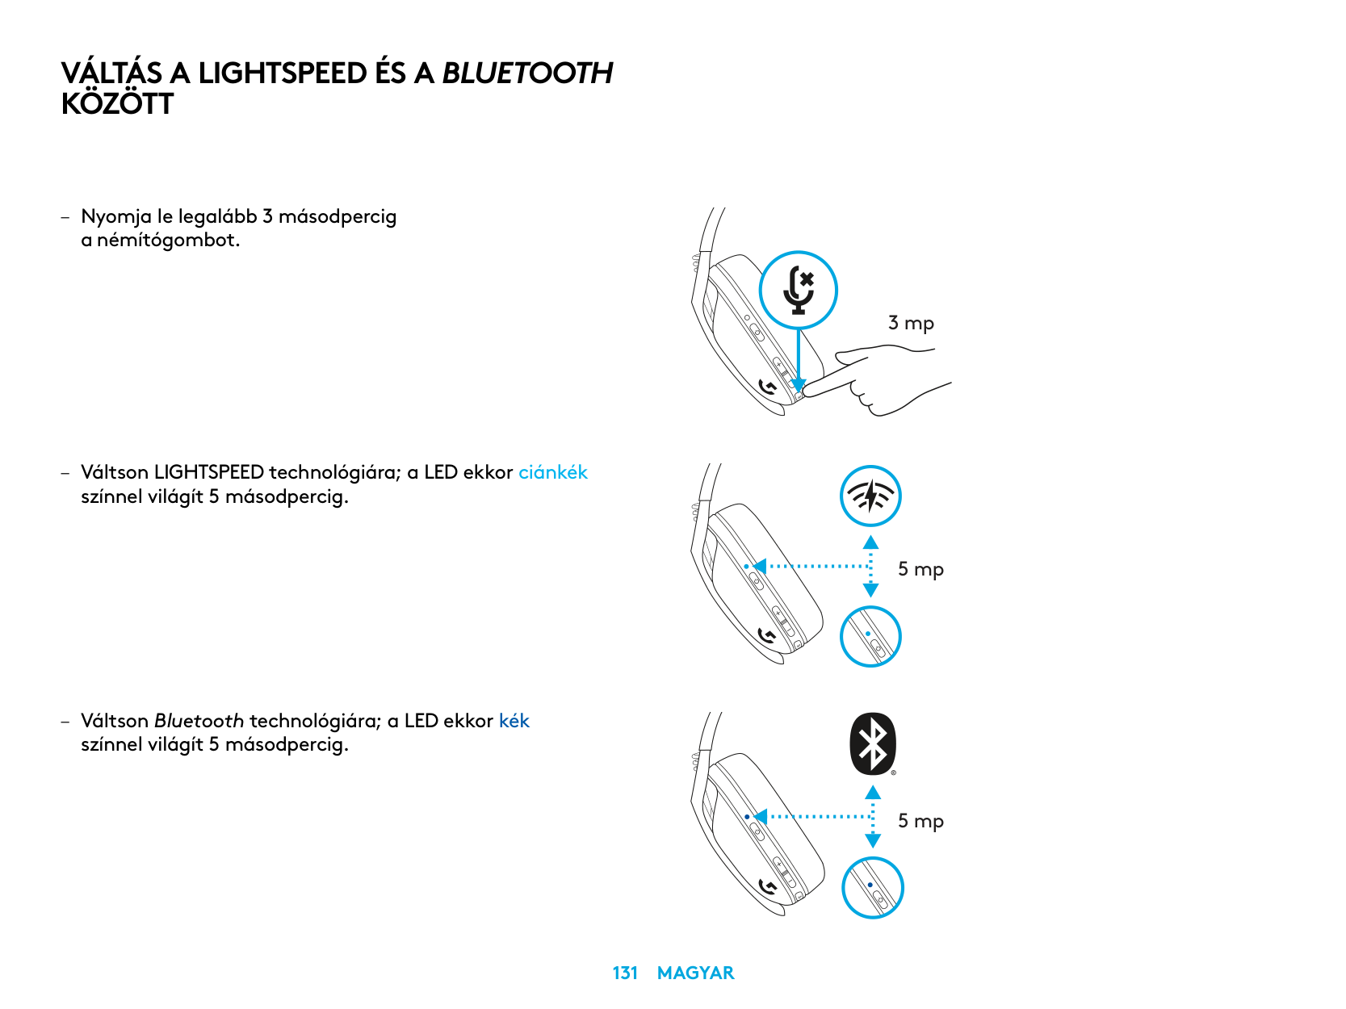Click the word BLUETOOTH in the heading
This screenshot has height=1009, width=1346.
[x=527, y=73]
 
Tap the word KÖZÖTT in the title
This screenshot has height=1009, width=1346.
[x=117, y=104]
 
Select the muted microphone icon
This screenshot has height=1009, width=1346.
[x=799, y=290]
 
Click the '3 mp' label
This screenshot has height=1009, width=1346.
[x=911, y=323]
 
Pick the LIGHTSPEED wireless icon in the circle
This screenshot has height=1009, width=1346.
[x=870, y=496]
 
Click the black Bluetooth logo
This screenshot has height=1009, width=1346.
[x=873, y=743]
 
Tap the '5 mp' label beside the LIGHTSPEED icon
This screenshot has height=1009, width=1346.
[x=920, y=569]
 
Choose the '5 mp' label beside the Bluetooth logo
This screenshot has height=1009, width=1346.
[x=920, y=821]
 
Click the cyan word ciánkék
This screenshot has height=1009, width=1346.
[x=552, y=472]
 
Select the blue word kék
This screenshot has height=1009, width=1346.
[x=514, y=721]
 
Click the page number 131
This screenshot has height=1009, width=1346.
[x=625, y=973]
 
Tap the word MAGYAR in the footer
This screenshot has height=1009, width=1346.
[x=695, y=973]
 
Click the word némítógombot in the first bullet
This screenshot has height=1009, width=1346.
[x=168, y=241]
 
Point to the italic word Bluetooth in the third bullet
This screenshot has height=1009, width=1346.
[x=199, y=721]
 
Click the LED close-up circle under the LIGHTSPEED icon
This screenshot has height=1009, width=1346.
[x=870, y=637]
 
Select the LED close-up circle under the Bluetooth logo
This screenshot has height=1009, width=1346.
[x=872, y=888]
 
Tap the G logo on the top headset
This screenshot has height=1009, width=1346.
[x=768, y=388]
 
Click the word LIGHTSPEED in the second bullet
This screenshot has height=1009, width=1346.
[x=208, y=472]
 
